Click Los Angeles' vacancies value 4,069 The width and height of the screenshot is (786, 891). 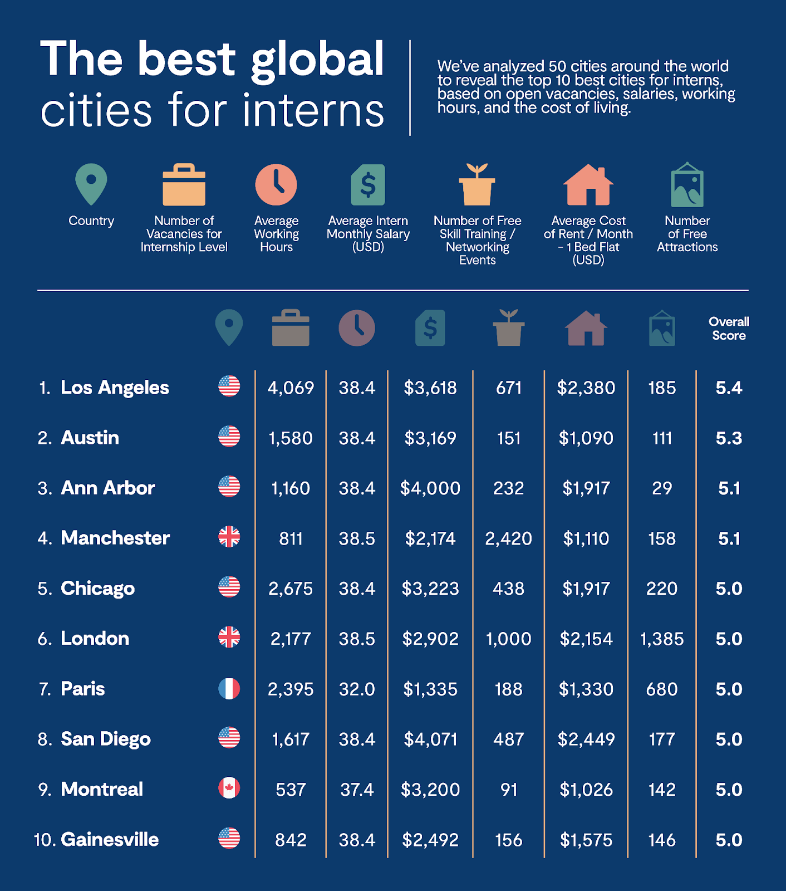(291, 388)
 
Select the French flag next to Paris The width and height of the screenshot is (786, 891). (229, 689)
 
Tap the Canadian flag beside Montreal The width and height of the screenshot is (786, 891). (229, 789)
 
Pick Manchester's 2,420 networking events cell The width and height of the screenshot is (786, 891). (508, 538)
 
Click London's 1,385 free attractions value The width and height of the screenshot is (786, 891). (662, 639)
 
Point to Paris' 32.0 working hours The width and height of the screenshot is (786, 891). (357, 689)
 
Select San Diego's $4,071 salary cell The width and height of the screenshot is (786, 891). (430, 739)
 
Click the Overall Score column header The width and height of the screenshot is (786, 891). (729, 329)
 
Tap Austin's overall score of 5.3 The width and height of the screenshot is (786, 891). (729, 438)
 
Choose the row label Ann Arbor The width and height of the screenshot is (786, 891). (107, 488)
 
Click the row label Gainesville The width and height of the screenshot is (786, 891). (110, 839)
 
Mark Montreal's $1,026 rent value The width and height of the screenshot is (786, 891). (586, 789)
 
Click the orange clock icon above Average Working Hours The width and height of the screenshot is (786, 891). (276, 185)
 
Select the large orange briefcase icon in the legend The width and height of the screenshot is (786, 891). (184, 185)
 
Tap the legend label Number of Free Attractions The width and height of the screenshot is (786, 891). (687, 234)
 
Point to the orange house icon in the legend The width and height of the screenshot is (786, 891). (588, 185)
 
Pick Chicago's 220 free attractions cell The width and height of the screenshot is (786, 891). (662, 589)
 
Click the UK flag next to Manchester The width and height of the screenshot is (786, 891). (229, 537)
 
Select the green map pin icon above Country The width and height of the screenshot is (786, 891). (91, 184)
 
